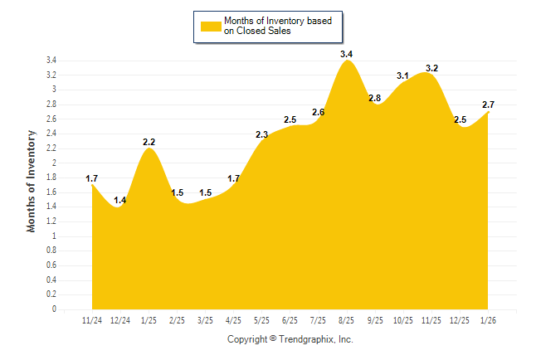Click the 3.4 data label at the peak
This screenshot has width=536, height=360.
(x=347, y=54)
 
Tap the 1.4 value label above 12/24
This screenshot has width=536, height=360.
(x=120, y=200)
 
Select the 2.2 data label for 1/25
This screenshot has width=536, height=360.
(x=149, y=142)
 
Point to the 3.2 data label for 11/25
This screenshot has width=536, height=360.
(x=431, y=68)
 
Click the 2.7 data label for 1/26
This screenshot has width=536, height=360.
(x=488, y=105)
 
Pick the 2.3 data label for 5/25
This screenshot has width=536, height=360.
(x=262, y=134)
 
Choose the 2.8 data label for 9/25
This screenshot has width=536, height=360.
(x=374, y=98)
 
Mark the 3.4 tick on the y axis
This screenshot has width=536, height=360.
(x=51, y=61)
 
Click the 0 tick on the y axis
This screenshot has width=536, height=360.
(x=54, y=309)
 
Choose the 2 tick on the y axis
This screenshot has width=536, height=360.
(x=54, y=163)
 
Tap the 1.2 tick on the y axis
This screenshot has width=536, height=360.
(x=51, y=221)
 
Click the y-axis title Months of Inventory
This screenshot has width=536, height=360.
(x=32, y=180)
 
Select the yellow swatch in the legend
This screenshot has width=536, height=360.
(x=209, y=26)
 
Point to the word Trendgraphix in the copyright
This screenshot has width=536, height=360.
(x=306, y=339)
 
